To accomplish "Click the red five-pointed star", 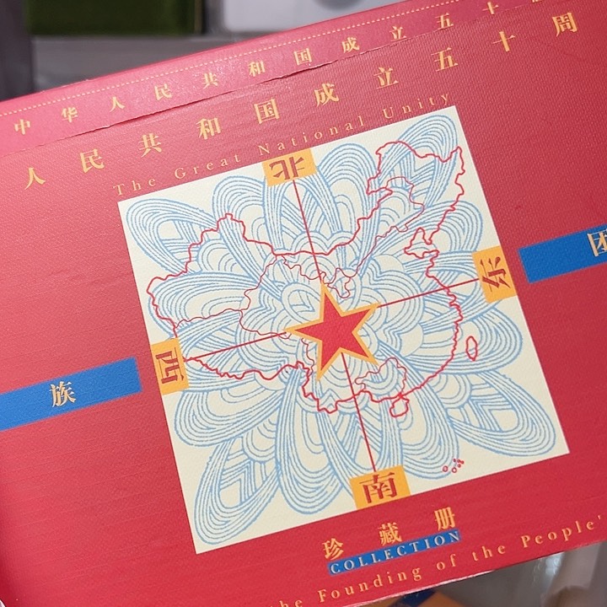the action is point(334,329).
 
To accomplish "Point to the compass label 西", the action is point(169,368).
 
